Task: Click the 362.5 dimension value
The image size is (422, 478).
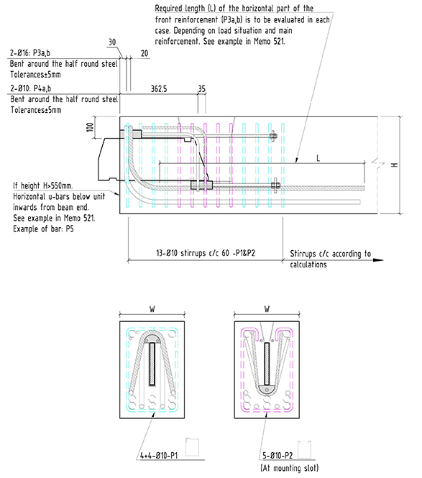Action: click(x=159, y=88)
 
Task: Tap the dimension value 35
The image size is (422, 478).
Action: click(x=201, y=88)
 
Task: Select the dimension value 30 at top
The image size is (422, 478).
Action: click(x=112, y=42)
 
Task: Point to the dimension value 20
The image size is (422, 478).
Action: click(x=145, y=53)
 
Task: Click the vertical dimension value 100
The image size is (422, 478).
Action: click(x=90, y=127)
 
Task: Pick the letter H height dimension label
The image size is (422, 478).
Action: click(x=395, y=165)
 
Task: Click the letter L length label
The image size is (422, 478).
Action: click(x=318, y=158)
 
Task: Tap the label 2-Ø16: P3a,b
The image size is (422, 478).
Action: click(x=30, y=53)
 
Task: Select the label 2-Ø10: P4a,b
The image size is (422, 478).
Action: click(x=30, y=88)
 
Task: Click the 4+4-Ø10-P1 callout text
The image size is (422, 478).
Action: click(x=159, y=456)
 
